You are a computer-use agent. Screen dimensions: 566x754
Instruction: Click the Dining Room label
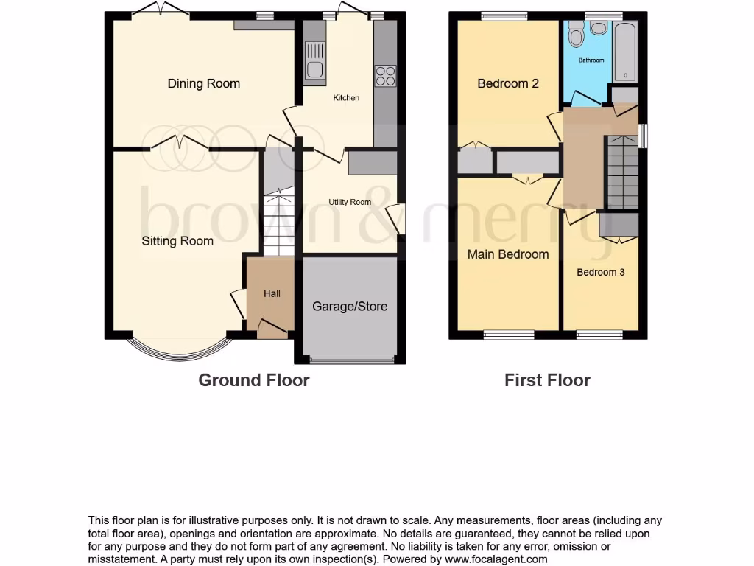(x=204, y=83)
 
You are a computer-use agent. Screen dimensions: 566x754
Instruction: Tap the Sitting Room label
(x=177, y=241)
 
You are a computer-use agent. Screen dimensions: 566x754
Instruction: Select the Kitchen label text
(x=346, y=98)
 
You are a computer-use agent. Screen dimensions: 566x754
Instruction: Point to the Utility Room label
(x=350, y=202)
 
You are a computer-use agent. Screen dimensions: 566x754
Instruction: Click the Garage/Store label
(x=350, y=307)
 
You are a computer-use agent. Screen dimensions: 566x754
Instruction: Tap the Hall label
(x=272, y=293)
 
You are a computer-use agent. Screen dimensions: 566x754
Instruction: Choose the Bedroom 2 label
(x=508, y=83)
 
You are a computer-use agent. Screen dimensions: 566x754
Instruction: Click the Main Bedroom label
(x=508, y=254)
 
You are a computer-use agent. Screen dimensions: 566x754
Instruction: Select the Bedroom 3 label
(x=600, y=272)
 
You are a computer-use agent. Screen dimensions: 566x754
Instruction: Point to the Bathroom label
(x=591, y=60)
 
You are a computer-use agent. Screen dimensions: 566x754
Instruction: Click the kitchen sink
(x=314, y=60)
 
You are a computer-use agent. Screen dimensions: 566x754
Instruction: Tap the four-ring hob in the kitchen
(x=386, y=76)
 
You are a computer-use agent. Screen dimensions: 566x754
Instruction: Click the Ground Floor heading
(x=254, y=380)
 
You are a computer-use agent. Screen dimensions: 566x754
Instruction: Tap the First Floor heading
(x=547, y=380)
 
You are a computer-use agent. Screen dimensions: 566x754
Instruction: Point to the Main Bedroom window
(x=508, y=335)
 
